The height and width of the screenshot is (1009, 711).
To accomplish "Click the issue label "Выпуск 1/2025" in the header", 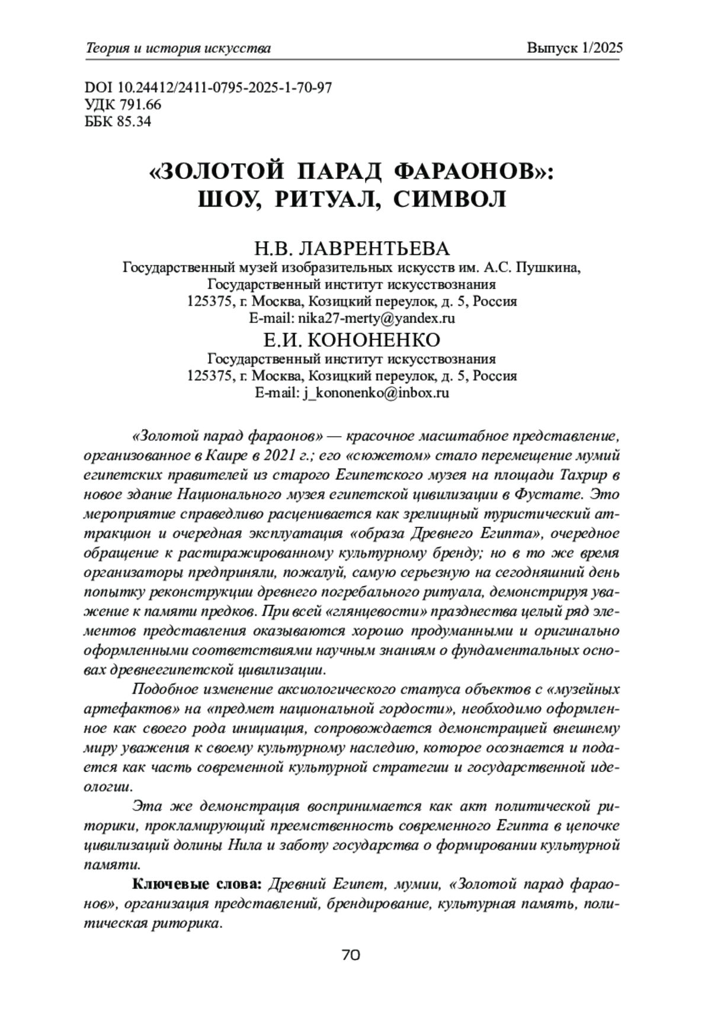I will pos(574,49).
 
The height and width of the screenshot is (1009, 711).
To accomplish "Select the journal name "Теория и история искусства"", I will pos(178,49).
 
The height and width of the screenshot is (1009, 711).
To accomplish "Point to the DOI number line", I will pos(209,88).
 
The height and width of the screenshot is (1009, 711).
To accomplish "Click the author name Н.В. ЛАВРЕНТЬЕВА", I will pos(352,248).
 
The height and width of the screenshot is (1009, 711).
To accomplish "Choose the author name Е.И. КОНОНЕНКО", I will pos(352,340).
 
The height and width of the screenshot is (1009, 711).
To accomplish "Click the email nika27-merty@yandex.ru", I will pos(376,318).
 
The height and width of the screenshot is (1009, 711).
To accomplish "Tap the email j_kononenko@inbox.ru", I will pos(375,393).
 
